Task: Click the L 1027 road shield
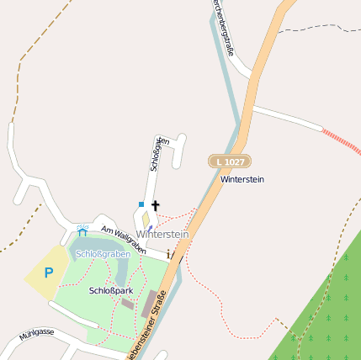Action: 230,161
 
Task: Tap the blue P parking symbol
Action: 48,273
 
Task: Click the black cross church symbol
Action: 155,205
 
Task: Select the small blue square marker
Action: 141,204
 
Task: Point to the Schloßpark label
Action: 111,290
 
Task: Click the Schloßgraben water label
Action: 104,253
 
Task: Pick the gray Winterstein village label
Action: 162,234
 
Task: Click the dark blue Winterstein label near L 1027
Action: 242,180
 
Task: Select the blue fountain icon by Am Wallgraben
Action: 82,230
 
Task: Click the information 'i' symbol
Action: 168,253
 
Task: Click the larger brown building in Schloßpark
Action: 149,304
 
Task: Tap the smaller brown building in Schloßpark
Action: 127,303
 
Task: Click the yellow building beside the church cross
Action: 146,220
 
